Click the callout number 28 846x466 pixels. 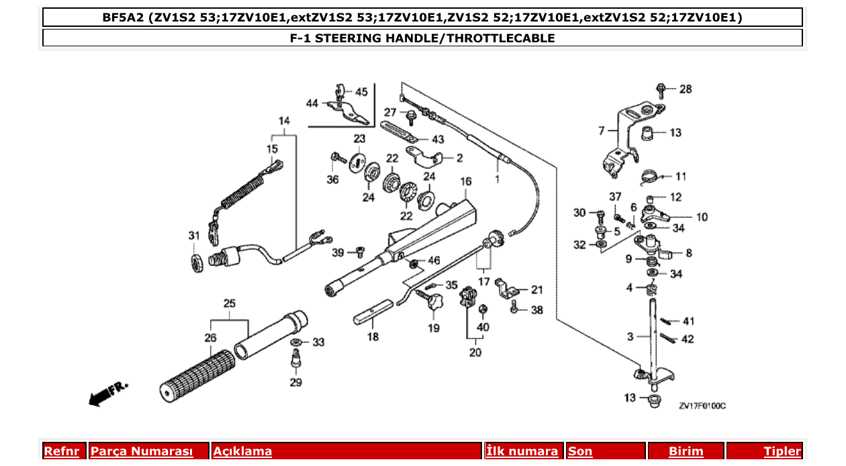point(685,89)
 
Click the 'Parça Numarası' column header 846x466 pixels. point(142,451)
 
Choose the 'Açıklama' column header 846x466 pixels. point(242,451)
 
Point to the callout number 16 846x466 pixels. point(466,182)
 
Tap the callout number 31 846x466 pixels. point(194,236)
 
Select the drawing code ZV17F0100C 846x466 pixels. point(702,406)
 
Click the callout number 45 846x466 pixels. point(361,92)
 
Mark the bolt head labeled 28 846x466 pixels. point(661,88)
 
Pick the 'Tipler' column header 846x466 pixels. point(782,451)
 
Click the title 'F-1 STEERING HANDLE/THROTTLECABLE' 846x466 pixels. point(422,38)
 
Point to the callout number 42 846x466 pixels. point(688,339)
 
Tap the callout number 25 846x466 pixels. point(230,304)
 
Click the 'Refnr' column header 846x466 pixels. point(61,451)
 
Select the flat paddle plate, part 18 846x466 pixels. point(373,313)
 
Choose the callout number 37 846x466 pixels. point(615,196)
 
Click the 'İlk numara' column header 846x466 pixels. point(522,451)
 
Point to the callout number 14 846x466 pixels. point(284,121)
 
